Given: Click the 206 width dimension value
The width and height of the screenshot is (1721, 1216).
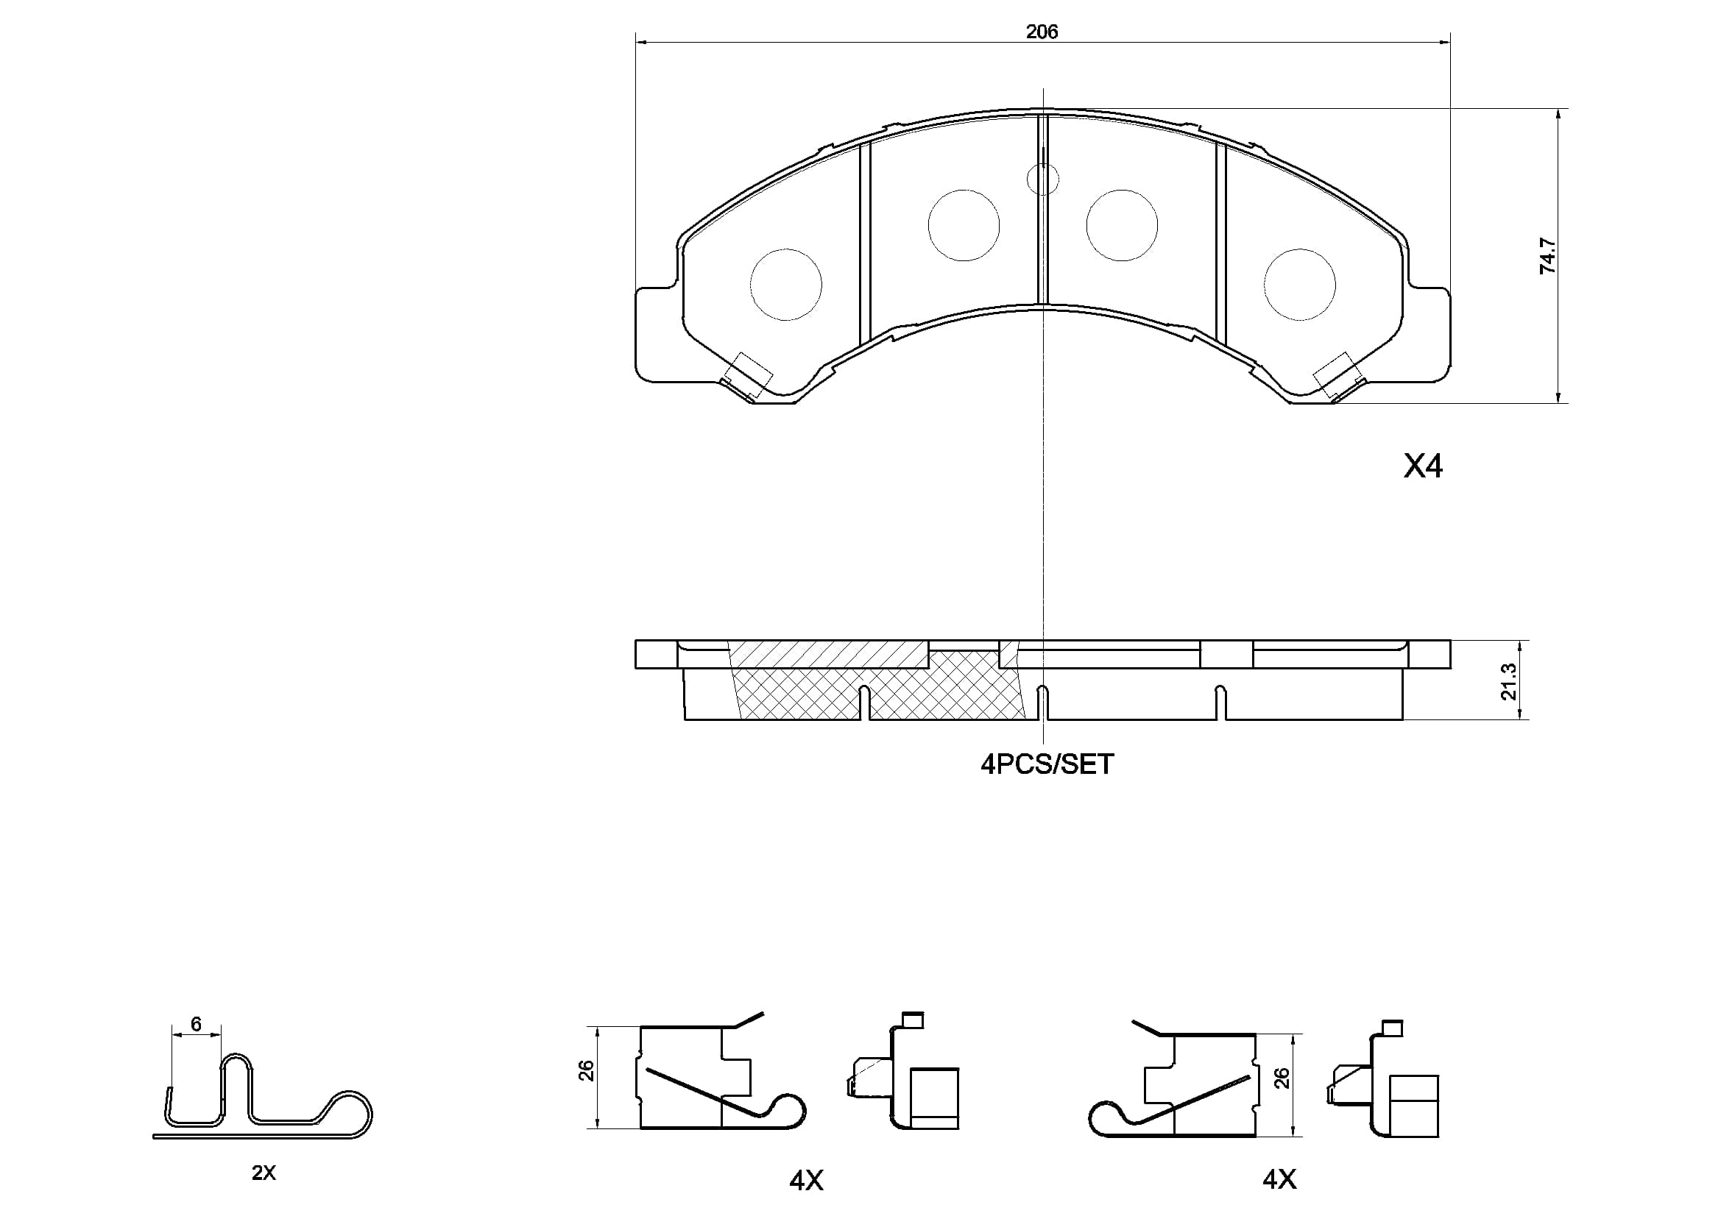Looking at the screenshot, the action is tap(1042, 32).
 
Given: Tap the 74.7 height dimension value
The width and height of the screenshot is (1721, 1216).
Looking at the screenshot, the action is tap(1547, 255).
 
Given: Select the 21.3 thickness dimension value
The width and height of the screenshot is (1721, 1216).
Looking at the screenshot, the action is tap(1508, 682).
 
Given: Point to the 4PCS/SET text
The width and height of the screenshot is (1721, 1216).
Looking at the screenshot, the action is tap(1047, 764).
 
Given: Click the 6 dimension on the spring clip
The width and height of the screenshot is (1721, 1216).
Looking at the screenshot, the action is tap(197, 1023).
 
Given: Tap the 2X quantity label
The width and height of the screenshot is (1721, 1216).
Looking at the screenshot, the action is tap(264, 1173).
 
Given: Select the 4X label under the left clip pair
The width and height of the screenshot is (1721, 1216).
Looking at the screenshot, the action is tap(807, 1181).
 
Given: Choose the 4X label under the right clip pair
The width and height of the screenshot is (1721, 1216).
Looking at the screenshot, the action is tap(1279, 1179).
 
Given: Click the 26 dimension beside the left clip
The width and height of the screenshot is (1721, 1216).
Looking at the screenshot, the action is tap(586, 1070).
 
